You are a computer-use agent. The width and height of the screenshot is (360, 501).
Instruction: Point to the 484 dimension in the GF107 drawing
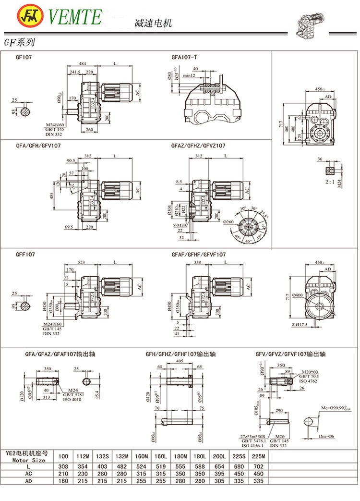click(83, 64)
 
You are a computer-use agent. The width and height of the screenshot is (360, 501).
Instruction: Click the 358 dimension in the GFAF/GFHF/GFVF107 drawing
click(197, 262)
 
